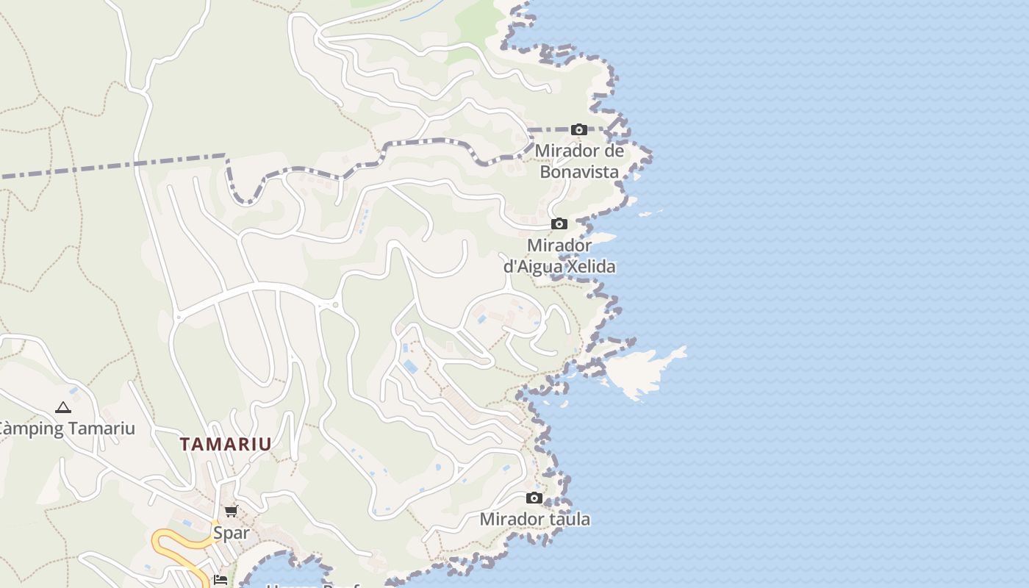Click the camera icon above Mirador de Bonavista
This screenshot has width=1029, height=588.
click(x=579, y=130)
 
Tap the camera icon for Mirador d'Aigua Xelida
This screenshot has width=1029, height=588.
click(x=559, y=223)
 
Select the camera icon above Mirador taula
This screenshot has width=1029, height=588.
click(x=534, y=498)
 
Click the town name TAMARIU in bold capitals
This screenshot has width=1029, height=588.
click(x=226, y=444)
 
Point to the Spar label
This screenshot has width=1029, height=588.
click(x=231, y=532)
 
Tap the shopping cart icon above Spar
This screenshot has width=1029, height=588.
click(x=231, y=511)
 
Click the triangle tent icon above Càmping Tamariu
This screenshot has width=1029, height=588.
click(x=63, y=407)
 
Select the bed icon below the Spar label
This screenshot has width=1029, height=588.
click(x=220, y=580)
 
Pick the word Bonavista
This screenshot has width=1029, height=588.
click(x=579, y=172)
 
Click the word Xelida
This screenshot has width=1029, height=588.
click(x=591, y=266)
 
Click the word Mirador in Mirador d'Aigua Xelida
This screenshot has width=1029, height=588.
click(x=559, y=245)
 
